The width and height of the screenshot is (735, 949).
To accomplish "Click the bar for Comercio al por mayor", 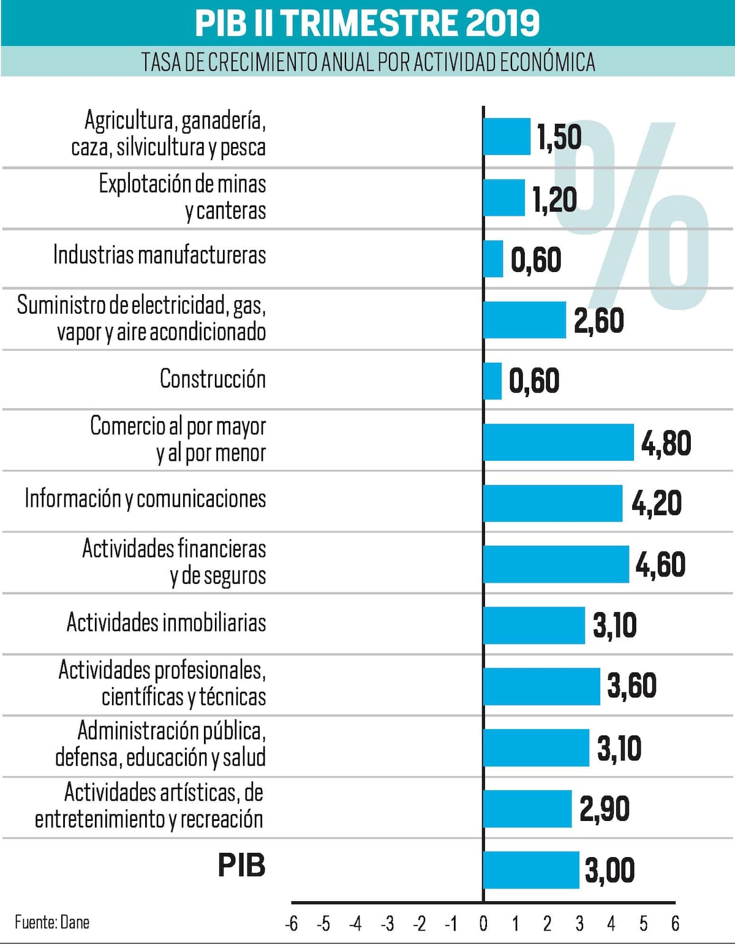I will click(x=558, y=442).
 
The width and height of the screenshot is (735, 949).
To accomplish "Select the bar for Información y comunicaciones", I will click(x=552, y=503).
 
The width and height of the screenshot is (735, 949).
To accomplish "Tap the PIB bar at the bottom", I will click(x=531, y=869).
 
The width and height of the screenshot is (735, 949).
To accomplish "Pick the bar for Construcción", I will click(x=492, y=380).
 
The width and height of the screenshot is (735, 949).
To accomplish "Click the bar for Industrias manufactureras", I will click(x=493, y=259).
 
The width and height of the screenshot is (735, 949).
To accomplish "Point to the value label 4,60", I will click(x=660, y=564).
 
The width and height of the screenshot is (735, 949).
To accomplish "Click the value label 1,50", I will click(x=559, y=137).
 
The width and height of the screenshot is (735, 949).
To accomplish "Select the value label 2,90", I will click(x=605, y=809).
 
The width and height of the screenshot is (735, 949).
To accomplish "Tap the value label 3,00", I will click(x=610, y=870).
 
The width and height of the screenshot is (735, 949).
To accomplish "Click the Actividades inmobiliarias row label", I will click(x=166, y=622).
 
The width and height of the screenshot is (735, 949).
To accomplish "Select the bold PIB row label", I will click(x=241, y=865).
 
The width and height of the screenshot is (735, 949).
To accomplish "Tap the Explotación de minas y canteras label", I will click(x=183, y=197).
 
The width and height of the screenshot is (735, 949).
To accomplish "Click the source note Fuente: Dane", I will click(x=52, y=922).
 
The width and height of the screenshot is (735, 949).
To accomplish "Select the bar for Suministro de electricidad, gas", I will click(x=524, y=320).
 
